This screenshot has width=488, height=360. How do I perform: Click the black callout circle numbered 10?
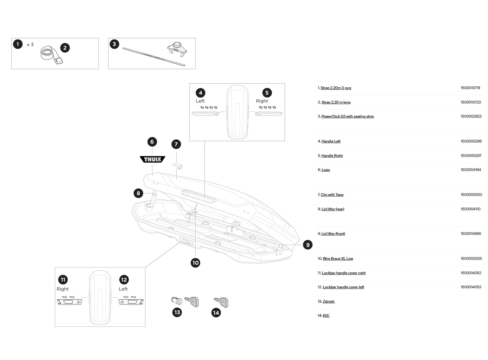point(195,263)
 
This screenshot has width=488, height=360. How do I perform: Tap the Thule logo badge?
point(153,159)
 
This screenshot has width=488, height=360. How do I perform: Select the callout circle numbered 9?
point(307,245)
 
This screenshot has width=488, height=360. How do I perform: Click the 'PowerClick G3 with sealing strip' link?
point(347,116)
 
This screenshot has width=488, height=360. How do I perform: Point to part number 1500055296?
point(471,141)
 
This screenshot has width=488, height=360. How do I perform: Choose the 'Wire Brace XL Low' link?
point(338,259)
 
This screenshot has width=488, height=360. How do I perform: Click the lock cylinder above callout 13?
point(177,300)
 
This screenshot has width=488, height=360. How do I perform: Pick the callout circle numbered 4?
point(200,93)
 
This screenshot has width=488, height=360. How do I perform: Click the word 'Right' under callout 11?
point(62,289)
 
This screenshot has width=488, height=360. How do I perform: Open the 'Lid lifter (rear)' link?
point(333,209)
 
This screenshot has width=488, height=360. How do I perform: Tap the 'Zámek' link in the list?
point(328,301)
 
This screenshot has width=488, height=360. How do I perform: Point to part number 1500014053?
point(471,287)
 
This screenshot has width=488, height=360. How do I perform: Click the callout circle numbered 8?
point(138,193)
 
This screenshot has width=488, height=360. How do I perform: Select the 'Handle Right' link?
point(332,156)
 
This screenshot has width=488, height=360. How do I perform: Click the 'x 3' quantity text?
point(30,45)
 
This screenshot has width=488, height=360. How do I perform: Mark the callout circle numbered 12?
point(124,280)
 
